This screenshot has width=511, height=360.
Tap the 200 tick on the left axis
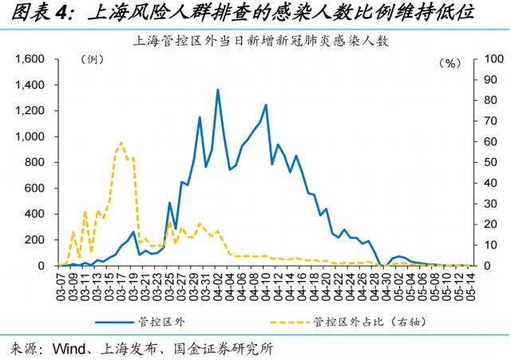[38, 239]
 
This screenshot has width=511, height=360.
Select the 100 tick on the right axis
[486, 60]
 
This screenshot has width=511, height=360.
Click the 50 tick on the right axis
[484, 163]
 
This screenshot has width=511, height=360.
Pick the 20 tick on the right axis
[484, 224]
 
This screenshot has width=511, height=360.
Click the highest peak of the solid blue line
[218, 89]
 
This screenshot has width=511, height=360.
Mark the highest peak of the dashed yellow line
[121, 143]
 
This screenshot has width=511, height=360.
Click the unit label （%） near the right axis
[452, 62]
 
